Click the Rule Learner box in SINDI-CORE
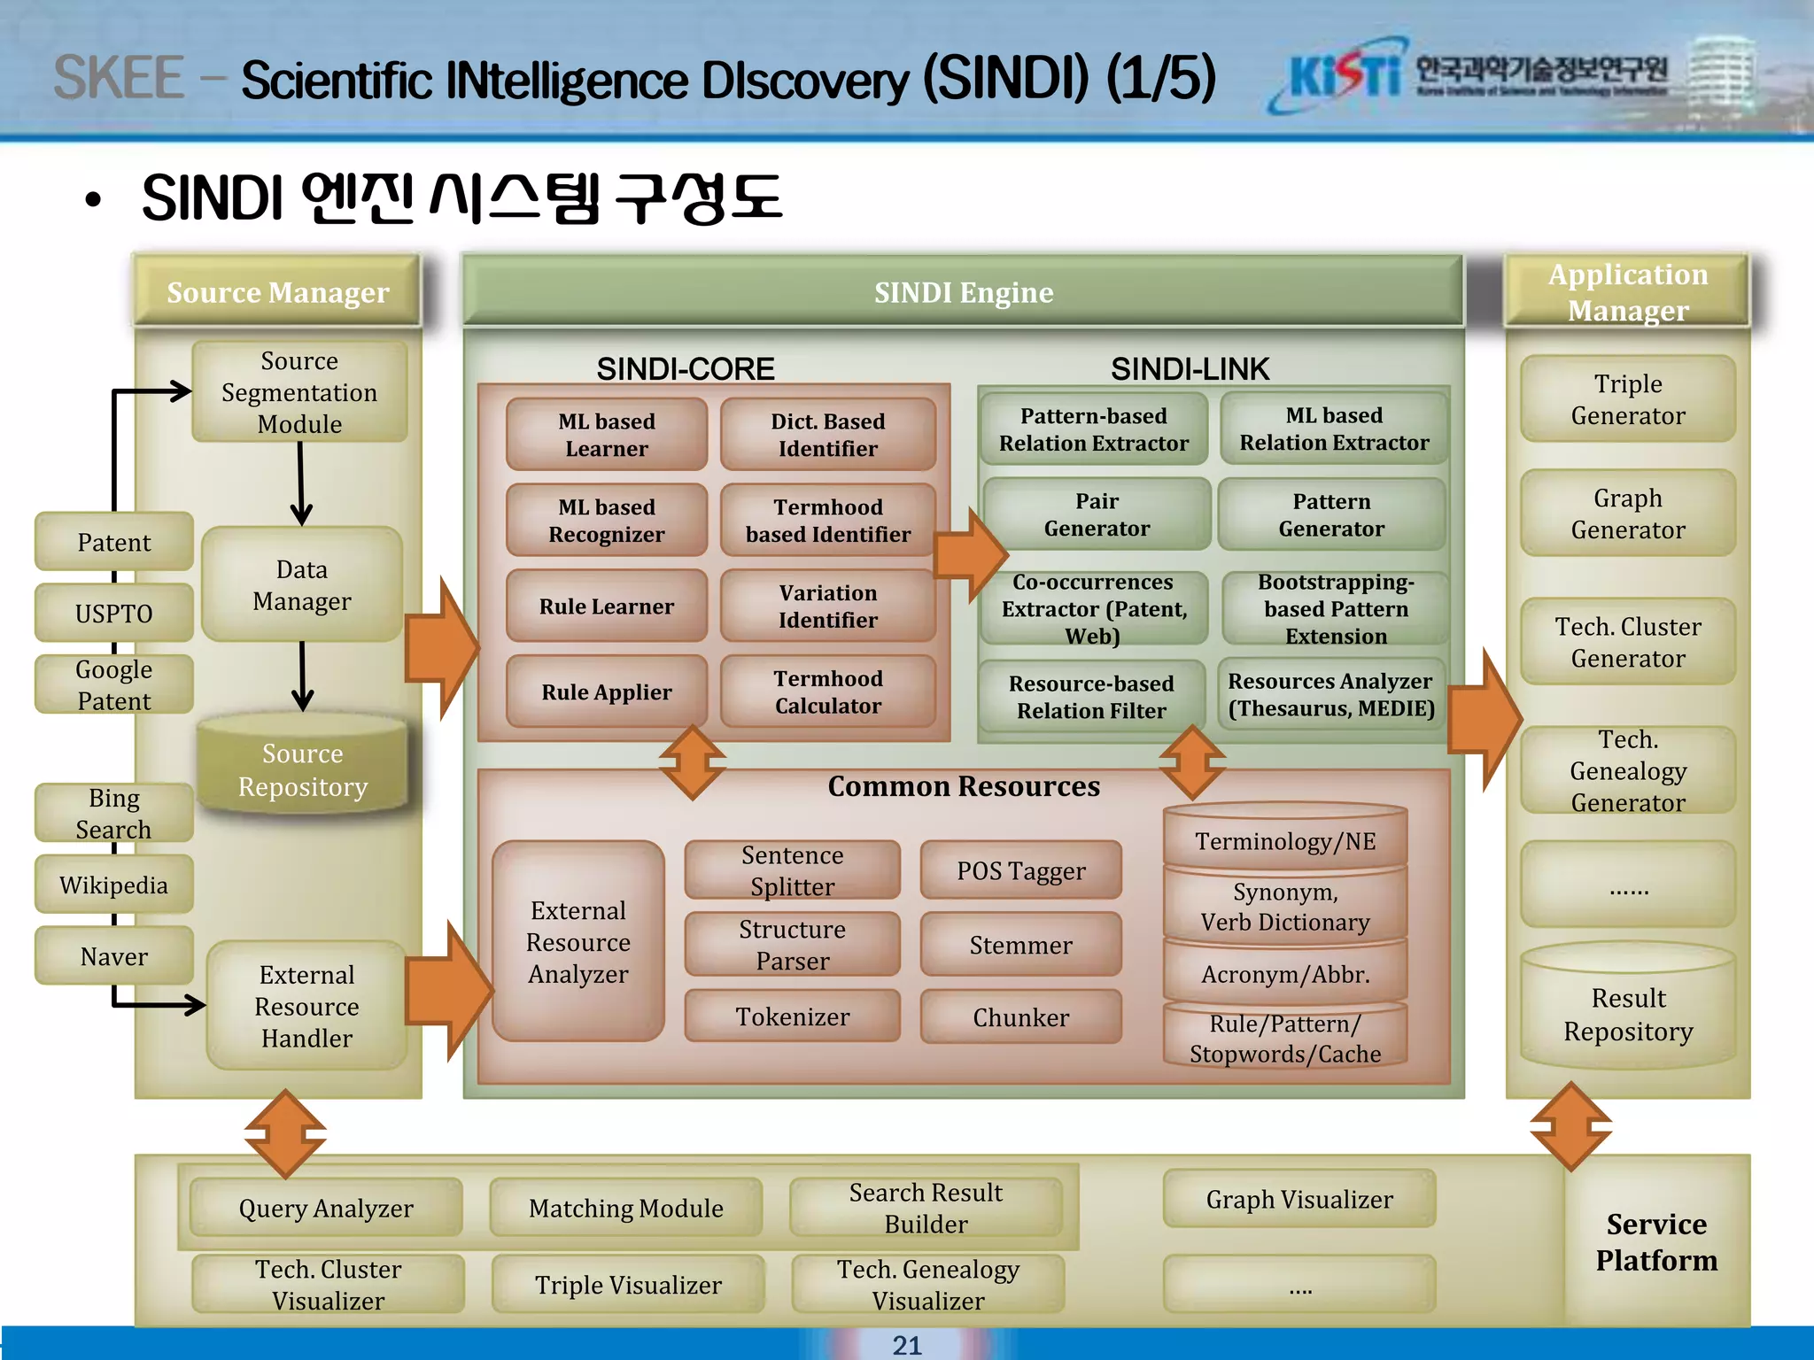pos(607,607)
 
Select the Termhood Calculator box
pos(827,692)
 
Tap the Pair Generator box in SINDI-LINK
pos(1097,514)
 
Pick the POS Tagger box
pos(1020,871)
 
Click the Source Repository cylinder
pos(302,769)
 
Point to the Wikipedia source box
pos(113,885)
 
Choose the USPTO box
pos(113,613)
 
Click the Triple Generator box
pos(1627,399)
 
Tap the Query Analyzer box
pos(326,1208)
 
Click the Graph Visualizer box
pos(1298,1199)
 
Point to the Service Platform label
pos(1655,1241)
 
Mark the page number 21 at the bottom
pos(907,1345)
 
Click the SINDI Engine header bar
pos(963,292)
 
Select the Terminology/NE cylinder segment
pos(1285,839)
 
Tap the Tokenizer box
pos(792,1016)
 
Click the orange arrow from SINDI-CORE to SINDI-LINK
pos(970,555)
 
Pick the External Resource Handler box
pos(306,1006)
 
